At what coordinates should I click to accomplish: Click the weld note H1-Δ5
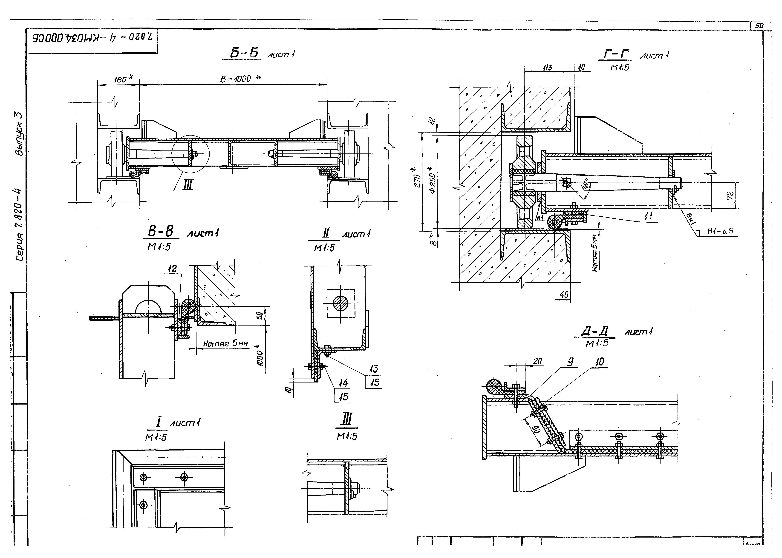point(720,231)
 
